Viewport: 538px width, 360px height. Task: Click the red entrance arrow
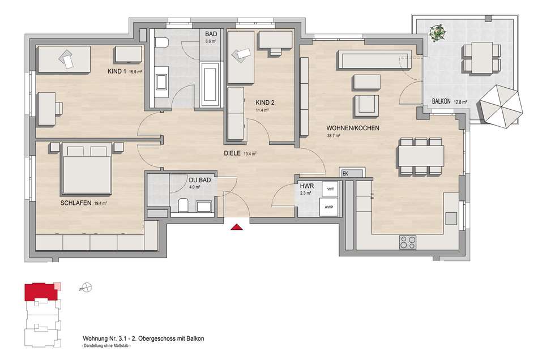236,226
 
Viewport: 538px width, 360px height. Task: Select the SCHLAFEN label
76,203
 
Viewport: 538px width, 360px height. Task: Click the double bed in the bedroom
87,169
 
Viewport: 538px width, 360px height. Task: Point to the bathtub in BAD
211,84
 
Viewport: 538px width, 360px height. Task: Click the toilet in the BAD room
161,43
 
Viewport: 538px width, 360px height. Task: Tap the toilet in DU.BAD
183,205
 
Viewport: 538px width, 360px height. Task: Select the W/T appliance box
330,189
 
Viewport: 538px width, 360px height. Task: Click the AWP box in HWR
328,207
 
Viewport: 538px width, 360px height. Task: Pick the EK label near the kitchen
345,174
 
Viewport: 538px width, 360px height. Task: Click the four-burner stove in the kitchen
408,242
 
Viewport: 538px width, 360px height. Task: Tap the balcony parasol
501,106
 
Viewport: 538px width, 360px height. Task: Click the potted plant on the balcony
438,33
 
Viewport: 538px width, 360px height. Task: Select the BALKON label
441,101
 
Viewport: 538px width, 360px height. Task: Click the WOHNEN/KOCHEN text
353,128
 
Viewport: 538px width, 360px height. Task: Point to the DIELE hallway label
232,153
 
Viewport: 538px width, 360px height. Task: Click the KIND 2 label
265,102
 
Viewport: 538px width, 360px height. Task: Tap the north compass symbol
87,288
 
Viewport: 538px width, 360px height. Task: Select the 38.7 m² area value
333,136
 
